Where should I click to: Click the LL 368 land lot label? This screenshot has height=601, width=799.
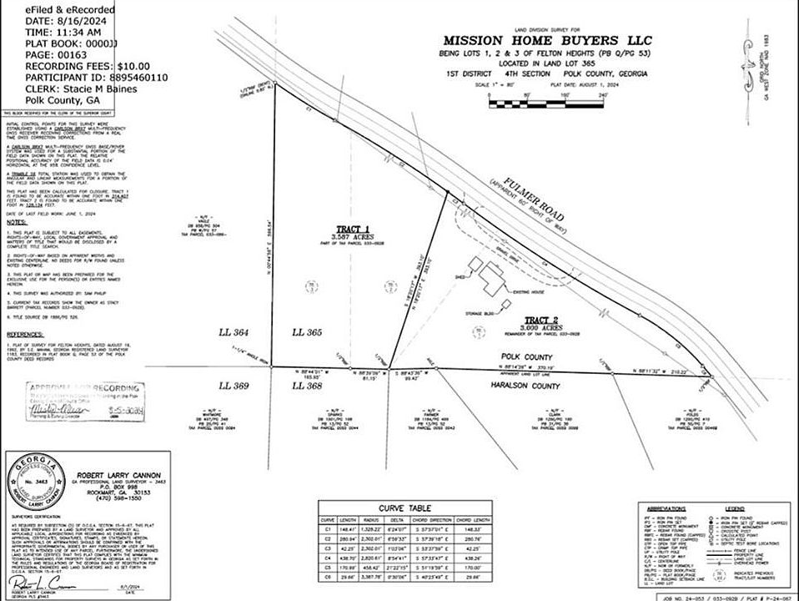click(310, 386)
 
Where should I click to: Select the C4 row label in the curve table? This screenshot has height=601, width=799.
click(329, 556)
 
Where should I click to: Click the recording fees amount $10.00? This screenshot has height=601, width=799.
click(122, 66)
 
